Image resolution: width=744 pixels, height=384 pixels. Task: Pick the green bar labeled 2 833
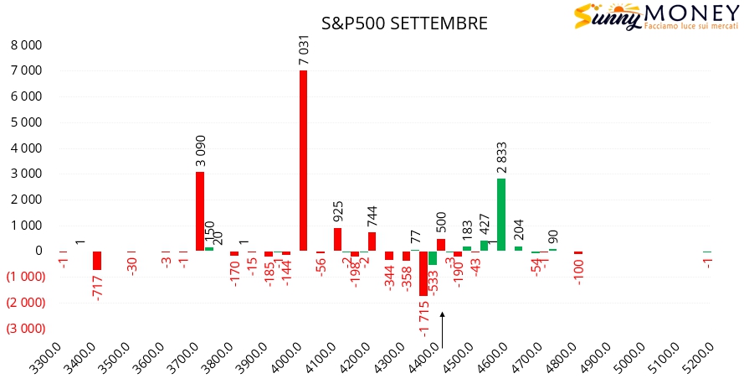[x=501, y=214]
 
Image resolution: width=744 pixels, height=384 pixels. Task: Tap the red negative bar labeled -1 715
[x=423, y=273]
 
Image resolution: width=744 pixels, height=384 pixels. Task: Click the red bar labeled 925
[x=337, y=239]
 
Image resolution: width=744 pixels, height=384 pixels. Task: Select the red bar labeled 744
[x=372, y=241]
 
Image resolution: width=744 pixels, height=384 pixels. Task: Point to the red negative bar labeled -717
[x=97, y=260]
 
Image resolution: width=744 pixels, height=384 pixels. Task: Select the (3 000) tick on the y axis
[x=25, y=328]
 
